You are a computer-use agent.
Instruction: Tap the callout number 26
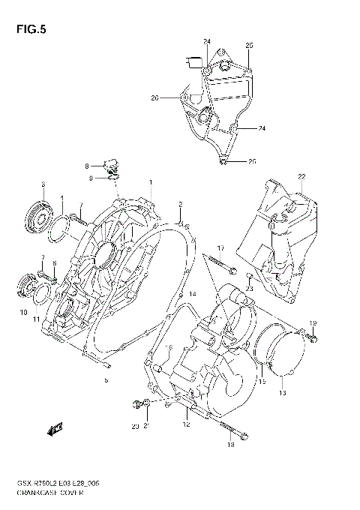(154, 97)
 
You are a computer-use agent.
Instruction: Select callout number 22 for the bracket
(301, 176)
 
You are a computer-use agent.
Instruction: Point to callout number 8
(86, 165)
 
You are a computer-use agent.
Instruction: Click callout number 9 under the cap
(89, 178)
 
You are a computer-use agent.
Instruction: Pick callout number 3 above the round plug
(43, 184)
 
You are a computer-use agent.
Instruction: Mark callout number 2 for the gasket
(180, 203)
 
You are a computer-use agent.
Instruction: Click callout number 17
(221, 248)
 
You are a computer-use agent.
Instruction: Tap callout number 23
(250, 288)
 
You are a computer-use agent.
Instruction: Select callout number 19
(313, 323)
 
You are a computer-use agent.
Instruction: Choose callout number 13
(283, 392)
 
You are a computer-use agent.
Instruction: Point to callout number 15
(262, 381)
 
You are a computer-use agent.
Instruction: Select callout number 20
(134, 427)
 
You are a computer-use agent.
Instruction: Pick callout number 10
(23, 311)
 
